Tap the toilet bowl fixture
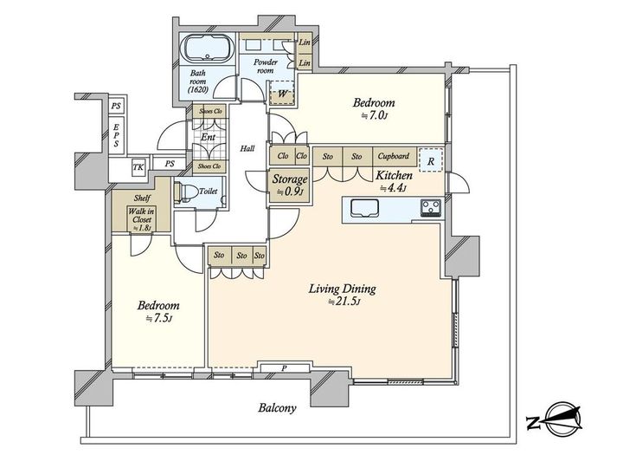click(186, 192)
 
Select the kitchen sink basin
click(364, 208)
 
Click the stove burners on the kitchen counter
click(431, 207)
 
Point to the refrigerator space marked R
click(431, 160)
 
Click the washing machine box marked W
click(282, 93)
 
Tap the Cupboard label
click(394, 156)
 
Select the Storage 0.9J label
click(290, 185)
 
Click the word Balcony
click(277, 408)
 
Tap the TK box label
click(138, 167)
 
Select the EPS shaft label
click(116, 135)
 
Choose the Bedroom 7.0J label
click(374, 108)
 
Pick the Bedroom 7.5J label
click(158, 311)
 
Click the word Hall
click(247, 148)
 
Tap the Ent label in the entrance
click(209, 137)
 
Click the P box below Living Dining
click(284, 368)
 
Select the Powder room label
click(266, 66)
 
